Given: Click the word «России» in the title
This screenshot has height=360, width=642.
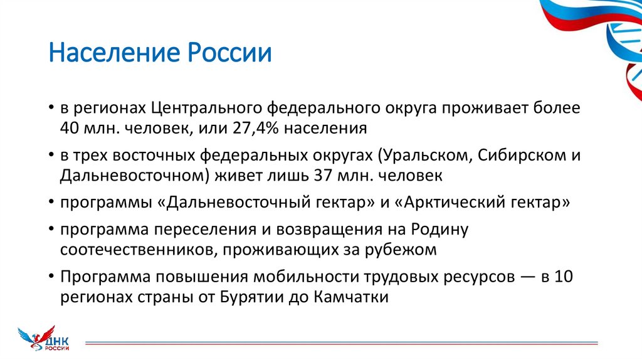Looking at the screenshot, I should tap(228, 53).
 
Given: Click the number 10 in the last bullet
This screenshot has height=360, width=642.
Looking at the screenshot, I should tap(564, 276).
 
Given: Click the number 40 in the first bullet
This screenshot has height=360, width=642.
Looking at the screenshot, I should tap(70, 130).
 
